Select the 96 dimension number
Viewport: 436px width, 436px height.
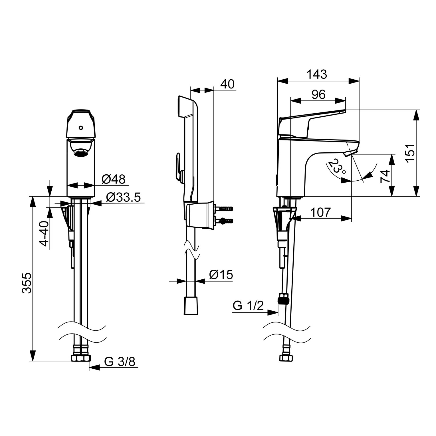318,94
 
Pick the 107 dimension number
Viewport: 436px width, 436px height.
320,212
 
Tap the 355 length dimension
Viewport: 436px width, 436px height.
27,283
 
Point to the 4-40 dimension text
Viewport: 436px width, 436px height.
44,234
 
